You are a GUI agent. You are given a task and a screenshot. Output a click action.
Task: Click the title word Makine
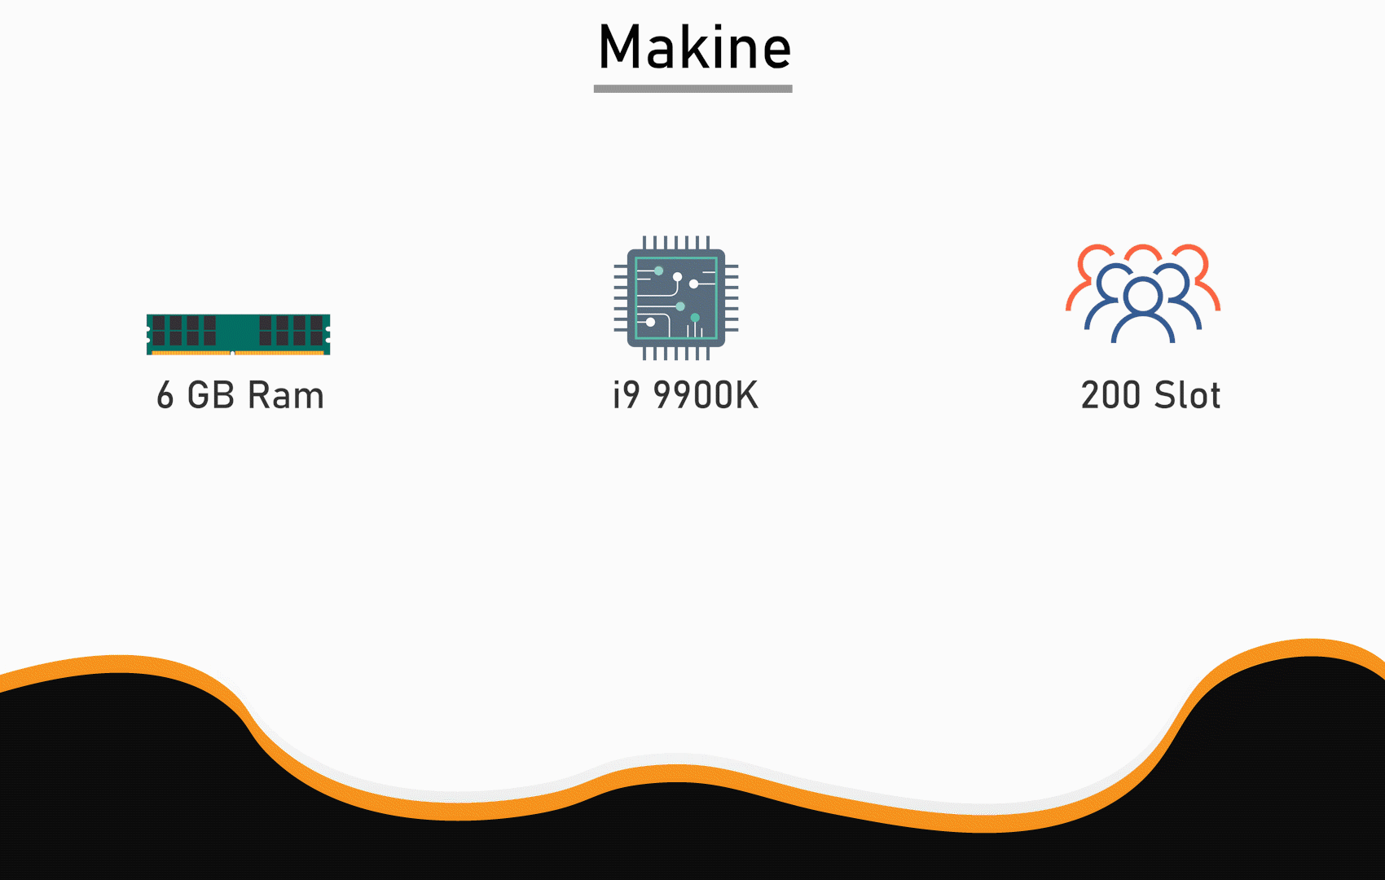[694, 47]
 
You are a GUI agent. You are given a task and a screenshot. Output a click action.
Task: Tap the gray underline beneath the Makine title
[692, 88]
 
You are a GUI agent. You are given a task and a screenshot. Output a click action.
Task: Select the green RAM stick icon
[238, 334]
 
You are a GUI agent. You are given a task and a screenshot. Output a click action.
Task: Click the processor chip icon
[676, 298]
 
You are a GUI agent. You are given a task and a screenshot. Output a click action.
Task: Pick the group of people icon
[1143, 293]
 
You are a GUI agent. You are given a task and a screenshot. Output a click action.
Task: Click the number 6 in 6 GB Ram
[165, 395]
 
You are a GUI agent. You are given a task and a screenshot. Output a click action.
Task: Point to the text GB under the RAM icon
[211, 395]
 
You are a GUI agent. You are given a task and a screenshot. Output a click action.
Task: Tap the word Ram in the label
[285, 395]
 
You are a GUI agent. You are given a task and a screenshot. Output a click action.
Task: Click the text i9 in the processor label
[627, 395]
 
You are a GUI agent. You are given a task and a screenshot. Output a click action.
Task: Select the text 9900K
[706, 395]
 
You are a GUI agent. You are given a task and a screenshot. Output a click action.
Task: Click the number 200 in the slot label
[1110, 395]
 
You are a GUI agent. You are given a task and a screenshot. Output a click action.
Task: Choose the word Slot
[1187, 395]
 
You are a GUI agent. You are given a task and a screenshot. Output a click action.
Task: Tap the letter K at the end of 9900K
[746, 395]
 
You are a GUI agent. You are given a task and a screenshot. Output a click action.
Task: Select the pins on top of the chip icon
[676, 242]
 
